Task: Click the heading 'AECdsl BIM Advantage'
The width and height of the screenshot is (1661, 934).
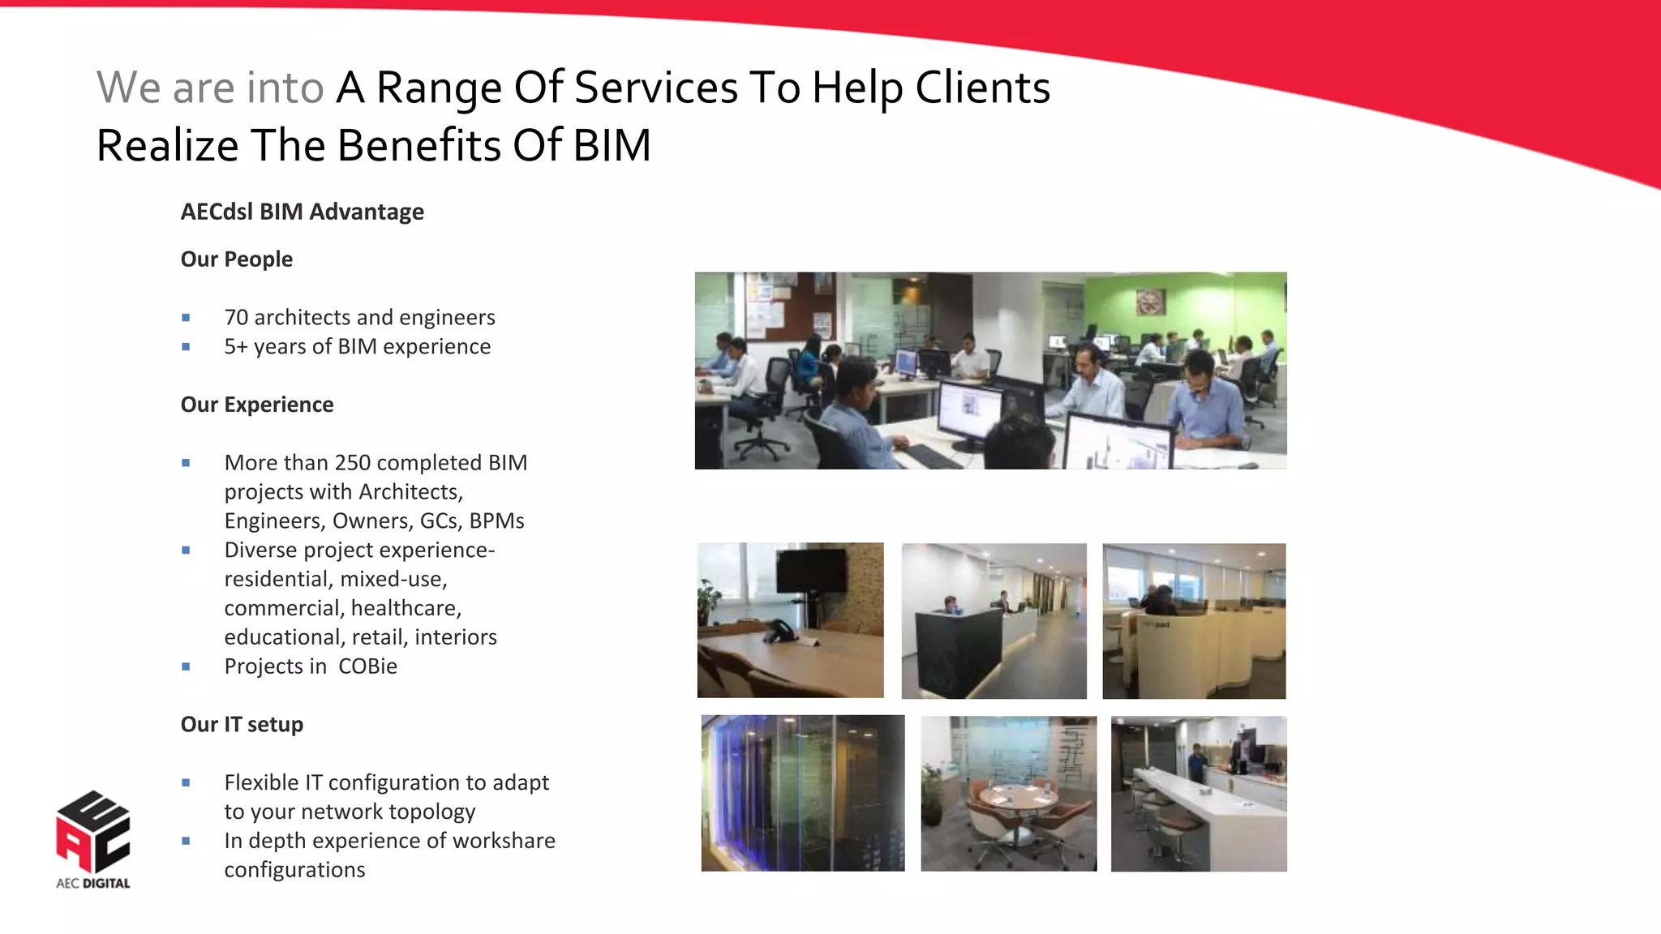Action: tap(302, 212)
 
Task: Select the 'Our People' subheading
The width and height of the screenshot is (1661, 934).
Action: tap(236, 259)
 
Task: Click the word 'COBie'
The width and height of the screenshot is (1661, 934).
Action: tap(367, 666)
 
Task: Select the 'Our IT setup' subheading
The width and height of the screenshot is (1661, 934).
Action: tap(242, 725)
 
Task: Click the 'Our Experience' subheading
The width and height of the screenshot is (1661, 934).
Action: tap(256, 405)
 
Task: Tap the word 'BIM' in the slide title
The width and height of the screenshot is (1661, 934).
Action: tap(612, 146)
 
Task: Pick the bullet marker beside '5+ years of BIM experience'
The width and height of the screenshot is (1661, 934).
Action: tap(186, 347)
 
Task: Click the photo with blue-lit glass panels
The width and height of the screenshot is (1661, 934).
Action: tap(802, 793)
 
